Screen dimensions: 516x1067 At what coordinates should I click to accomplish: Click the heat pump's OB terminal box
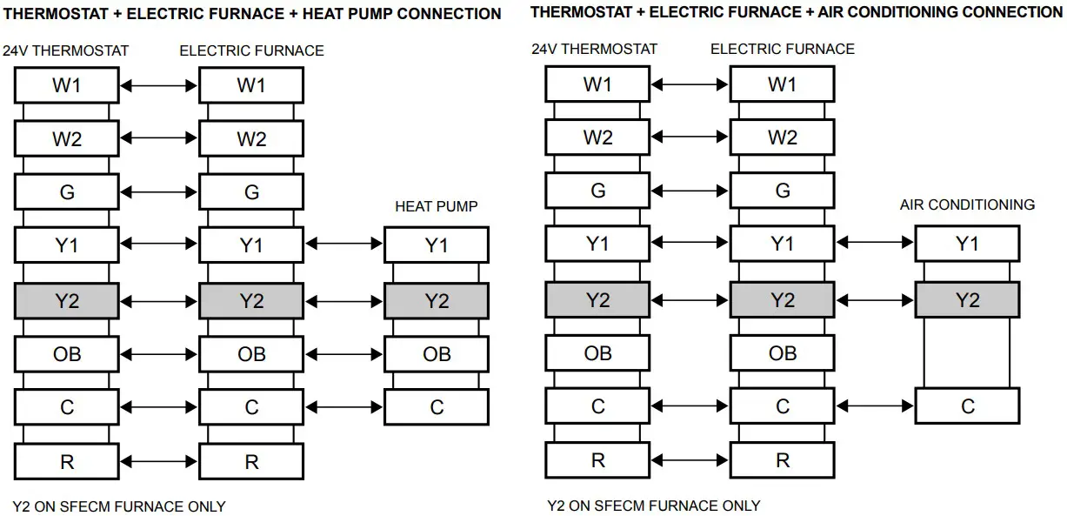tap(437, 354)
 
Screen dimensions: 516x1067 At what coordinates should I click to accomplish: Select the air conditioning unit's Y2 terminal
tap(967, 300)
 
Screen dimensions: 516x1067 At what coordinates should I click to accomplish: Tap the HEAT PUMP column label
tap(437, 206)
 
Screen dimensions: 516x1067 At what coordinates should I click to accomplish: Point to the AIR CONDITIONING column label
tap(967, 205)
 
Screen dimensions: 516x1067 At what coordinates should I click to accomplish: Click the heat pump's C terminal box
tap(437, 407)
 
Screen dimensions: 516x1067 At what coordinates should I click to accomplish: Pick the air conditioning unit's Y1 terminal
tap(967, 245)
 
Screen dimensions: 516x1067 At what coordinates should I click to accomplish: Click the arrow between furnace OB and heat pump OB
tap(343, 354)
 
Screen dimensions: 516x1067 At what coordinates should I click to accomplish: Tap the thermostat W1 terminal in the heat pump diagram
tap(67, 85)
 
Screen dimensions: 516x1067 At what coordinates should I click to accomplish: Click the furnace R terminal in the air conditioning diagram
tap(783, 460)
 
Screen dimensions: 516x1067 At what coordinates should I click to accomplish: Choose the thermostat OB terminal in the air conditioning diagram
tap(597, 353)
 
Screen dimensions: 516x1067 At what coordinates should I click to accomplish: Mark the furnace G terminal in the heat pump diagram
tap(251, 192)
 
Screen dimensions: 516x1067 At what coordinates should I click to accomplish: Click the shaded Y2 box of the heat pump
tap(437, 301)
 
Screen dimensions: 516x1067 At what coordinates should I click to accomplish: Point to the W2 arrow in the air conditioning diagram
tap(690, 137)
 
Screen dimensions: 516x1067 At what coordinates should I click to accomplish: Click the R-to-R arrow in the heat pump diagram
tap(159, 461)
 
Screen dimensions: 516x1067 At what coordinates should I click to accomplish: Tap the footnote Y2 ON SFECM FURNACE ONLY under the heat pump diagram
tap(119, 506)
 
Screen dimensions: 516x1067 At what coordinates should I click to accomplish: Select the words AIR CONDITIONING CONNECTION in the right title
tap(941, 12)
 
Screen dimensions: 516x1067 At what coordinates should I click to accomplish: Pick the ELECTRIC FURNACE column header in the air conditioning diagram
tap(783, 49)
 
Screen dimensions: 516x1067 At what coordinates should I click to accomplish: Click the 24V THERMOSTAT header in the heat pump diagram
tap(65, 50)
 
